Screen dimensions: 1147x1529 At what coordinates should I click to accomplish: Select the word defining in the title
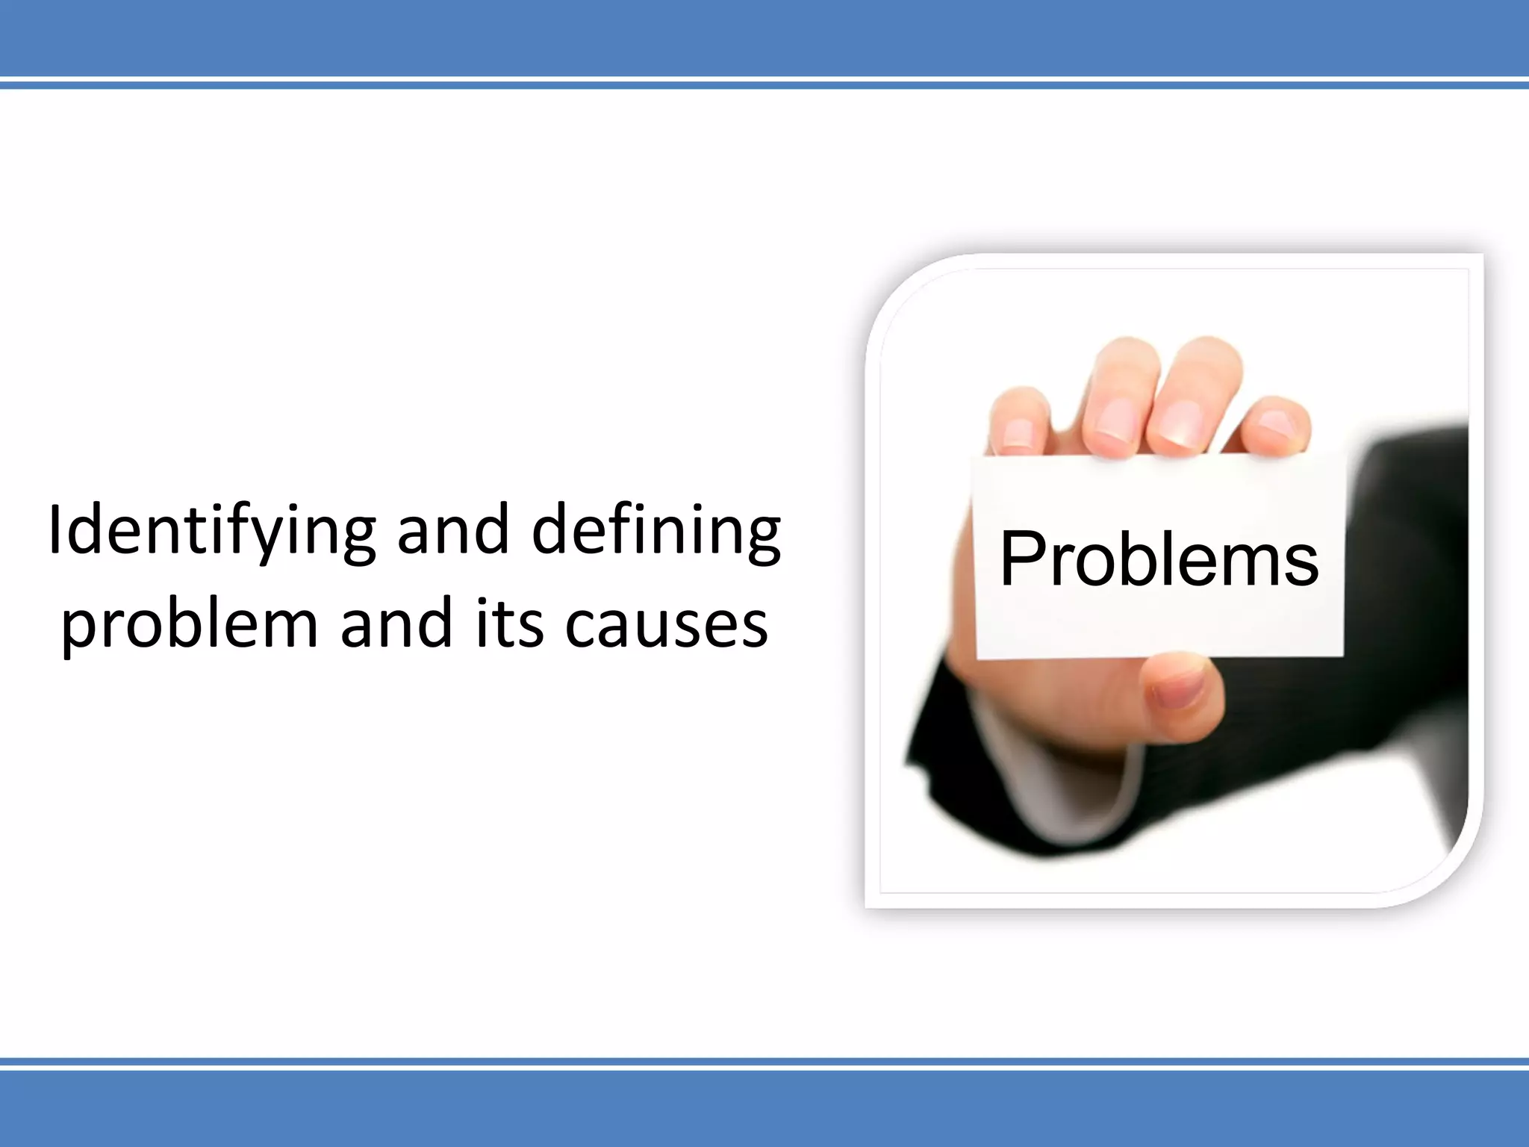coord(656,532)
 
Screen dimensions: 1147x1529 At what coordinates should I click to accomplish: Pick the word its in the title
coord(508,624)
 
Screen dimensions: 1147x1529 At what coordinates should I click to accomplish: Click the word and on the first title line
coord(453,532)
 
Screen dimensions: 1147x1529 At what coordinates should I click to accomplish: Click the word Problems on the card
coord(1159,559)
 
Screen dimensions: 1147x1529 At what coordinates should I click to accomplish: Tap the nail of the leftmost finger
coord(1016,433)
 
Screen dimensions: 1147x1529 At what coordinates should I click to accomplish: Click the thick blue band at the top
coord(764,37)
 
